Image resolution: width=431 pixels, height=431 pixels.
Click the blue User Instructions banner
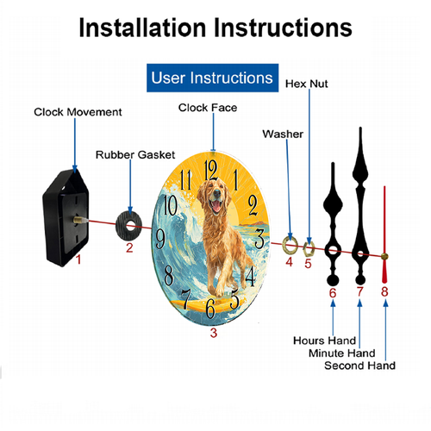click(x=212, y=78)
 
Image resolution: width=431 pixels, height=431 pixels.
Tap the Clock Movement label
click(x=78, y=112)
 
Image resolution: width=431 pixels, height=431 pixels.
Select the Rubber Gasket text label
click(x=135, y=155)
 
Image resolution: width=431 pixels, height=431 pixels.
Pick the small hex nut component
click(x=305, y=250)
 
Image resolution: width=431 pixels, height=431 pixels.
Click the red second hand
click(x=384, y=234)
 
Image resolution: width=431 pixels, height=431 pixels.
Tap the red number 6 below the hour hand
click(x=333, y=293)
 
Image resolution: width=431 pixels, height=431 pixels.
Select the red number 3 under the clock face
click(x=214, y=333)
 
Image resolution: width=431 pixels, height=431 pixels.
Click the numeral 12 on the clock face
click(x=210, y=170)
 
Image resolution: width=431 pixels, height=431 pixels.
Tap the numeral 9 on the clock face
click(x=160, y=239)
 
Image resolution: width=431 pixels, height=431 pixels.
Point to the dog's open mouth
click(x=215, y=206)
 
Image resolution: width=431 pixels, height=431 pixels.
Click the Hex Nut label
click(x=306, y=84)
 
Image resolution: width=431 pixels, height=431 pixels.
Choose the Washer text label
click(x=283, y=134)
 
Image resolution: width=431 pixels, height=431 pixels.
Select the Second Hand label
click(x=359, y=365)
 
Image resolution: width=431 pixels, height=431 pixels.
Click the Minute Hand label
click(x=342, y=353)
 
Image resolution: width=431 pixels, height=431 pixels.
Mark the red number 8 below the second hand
click(x=384, y=291)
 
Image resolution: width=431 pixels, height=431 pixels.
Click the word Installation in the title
click(x=143, y=28)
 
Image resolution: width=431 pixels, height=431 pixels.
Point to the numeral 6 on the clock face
click(x=210, y=308)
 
